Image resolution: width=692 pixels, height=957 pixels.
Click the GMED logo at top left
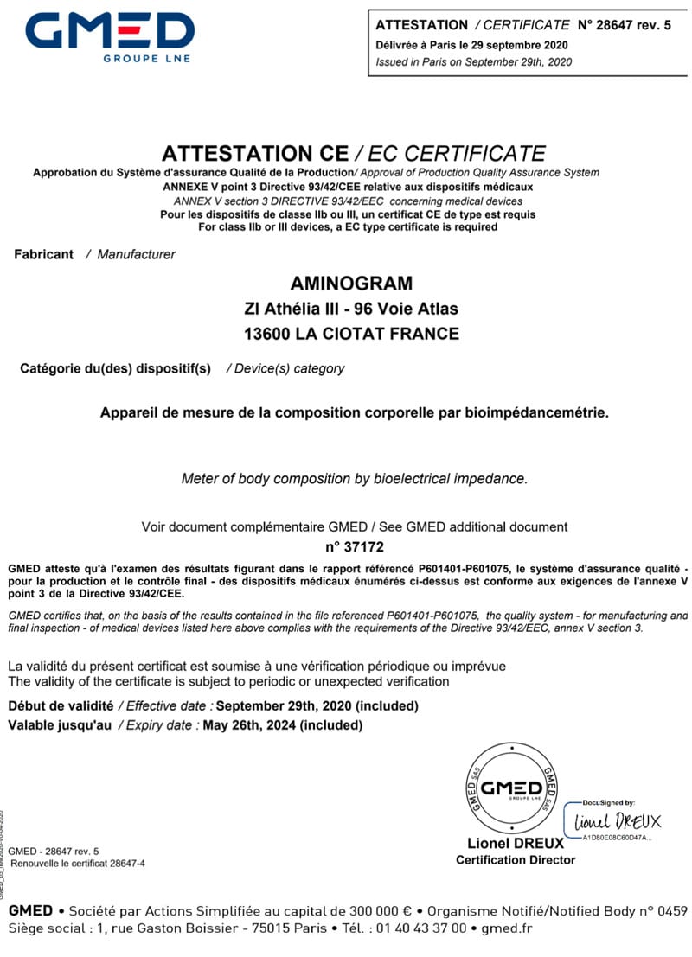coord(109,35)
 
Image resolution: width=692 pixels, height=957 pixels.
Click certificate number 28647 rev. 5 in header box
coord(629,24)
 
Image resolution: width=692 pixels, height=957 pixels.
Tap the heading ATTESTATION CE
coord(254,154)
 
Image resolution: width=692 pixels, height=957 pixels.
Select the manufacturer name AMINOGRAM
coord(352,284)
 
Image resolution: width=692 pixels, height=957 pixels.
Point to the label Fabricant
coord(44,254)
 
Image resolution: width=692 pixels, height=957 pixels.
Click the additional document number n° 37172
coord(354,546)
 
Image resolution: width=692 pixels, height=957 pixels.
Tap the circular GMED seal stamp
coord(511,788)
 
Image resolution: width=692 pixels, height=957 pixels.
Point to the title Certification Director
coord(516,859)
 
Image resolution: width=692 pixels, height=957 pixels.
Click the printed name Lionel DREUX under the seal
coord(516,843)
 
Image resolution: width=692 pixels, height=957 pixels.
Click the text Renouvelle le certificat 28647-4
coord(78,864)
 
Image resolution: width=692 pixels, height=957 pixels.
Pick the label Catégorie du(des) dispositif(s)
coord(115,368)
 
